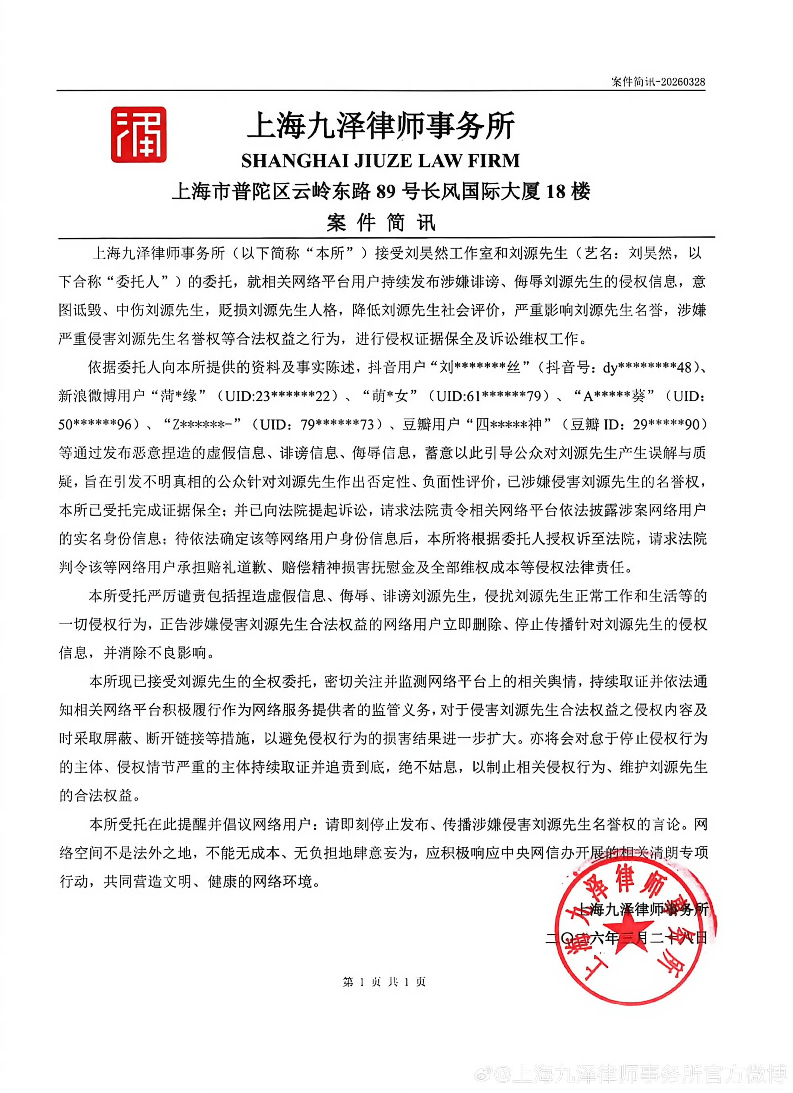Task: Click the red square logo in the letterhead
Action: [x=138, y=134]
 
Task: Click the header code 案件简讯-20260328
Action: [x=658, y=82]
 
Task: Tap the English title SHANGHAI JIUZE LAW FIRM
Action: [x=380, y=161]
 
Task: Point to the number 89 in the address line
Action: [x=386, y=192]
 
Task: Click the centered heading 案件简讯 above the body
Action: [x=381, y=223]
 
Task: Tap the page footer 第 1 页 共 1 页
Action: [x=384, y=982]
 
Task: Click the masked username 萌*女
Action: [x=389, y=396]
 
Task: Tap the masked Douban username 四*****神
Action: [x=509, y=424]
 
